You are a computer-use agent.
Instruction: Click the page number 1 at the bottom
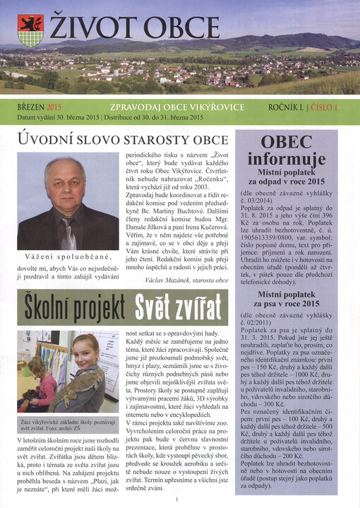coord(176,500)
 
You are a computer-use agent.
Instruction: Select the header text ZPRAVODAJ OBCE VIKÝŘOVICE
coord(176,107)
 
